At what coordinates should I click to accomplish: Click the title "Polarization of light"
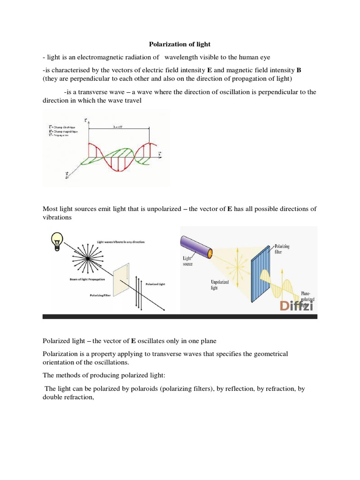point(180,45)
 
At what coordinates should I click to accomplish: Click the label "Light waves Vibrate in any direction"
point(121,241)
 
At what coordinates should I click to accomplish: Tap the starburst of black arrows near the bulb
point(87,258)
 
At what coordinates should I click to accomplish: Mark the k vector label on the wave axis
point(160,154)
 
